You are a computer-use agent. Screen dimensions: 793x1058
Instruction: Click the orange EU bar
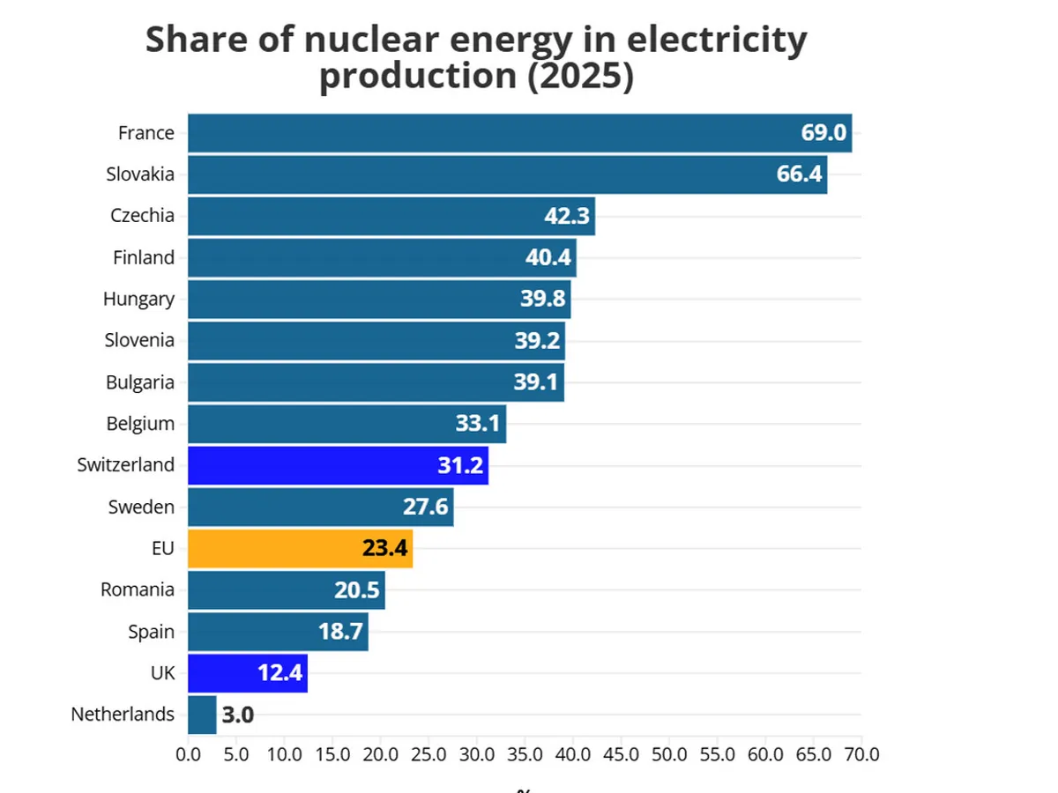(x=300, y=548)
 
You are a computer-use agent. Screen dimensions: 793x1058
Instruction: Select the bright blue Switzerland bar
(x=338, y=465)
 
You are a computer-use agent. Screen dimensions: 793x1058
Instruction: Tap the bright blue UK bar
(x=248, y=673)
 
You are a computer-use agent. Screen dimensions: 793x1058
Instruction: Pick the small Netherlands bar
(x=202, y=715)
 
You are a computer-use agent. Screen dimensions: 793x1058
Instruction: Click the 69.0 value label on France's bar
(x=823, y=133)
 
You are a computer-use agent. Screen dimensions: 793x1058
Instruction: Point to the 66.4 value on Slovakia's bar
(x=799, y=174)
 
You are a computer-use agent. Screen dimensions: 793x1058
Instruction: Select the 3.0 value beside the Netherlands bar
(x=237, y=715)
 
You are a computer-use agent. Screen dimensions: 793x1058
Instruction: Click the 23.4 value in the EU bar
(x=384, y=548)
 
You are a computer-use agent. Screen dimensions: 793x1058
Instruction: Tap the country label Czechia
(x=142, y=216)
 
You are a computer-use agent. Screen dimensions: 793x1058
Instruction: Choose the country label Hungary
(x=138, y=299)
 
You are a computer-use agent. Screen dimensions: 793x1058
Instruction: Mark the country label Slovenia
(x=139, y=340)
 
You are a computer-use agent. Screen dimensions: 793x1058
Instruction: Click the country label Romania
(x=138, y=589)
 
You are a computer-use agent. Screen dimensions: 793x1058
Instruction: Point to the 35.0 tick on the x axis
(x=525, y=755)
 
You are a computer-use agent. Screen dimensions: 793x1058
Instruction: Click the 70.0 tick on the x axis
(x=861, y=755)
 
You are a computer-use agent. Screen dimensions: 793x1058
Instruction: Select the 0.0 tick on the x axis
(x=188, y=755)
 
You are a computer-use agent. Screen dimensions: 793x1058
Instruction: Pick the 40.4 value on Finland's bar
(x=549, y=257)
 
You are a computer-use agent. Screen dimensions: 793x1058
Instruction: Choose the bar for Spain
(x=278, y=632)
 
